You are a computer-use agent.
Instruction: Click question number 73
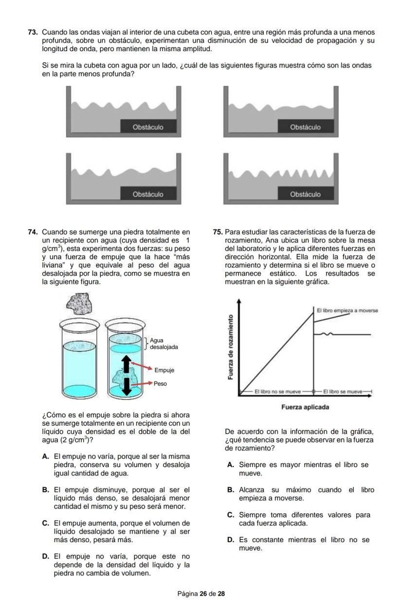33,32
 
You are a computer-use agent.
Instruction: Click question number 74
33,232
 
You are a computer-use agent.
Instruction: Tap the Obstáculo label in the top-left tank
148,127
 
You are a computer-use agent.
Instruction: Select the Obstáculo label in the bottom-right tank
305,194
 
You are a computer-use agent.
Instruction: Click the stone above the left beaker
78,304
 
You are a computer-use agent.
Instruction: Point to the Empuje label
164,370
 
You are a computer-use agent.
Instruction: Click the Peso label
160,383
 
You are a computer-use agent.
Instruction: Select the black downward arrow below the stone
127,385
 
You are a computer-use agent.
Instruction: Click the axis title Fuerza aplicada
305,407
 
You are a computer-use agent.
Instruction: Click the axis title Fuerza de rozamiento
230,346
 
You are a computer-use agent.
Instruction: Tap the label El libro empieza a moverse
347,310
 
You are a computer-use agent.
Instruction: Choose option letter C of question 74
45,523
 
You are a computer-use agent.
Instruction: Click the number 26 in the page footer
203,594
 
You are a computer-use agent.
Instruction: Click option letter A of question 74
45,456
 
